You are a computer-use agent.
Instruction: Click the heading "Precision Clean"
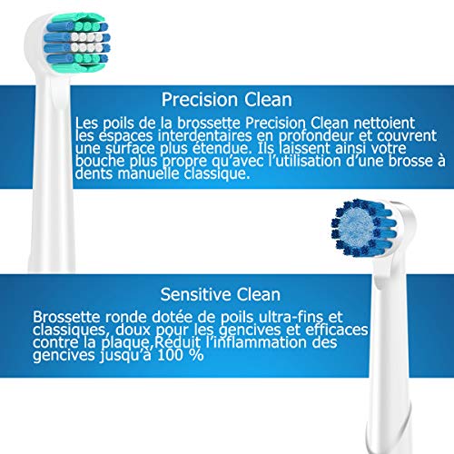tap(227, 100)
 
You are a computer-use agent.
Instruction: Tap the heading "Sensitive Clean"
tap(221, 294)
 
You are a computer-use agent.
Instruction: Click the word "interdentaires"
tap(204, 136)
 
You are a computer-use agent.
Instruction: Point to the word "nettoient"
tap(384, 123)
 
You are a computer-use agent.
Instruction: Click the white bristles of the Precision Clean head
tap(86, 42)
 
